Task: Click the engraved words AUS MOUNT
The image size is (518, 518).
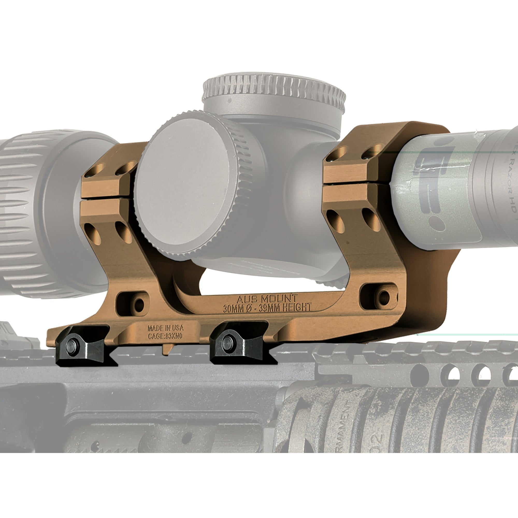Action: point(267,299)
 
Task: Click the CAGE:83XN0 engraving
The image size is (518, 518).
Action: point(165,336)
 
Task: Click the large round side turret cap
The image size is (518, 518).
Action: point(185,185)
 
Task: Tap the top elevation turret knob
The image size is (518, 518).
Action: point(274,91)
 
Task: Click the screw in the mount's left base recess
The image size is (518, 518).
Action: point(139,305)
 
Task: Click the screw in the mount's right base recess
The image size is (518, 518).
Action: point(384,296)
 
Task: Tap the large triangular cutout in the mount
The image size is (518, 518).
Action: point(268,282)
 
